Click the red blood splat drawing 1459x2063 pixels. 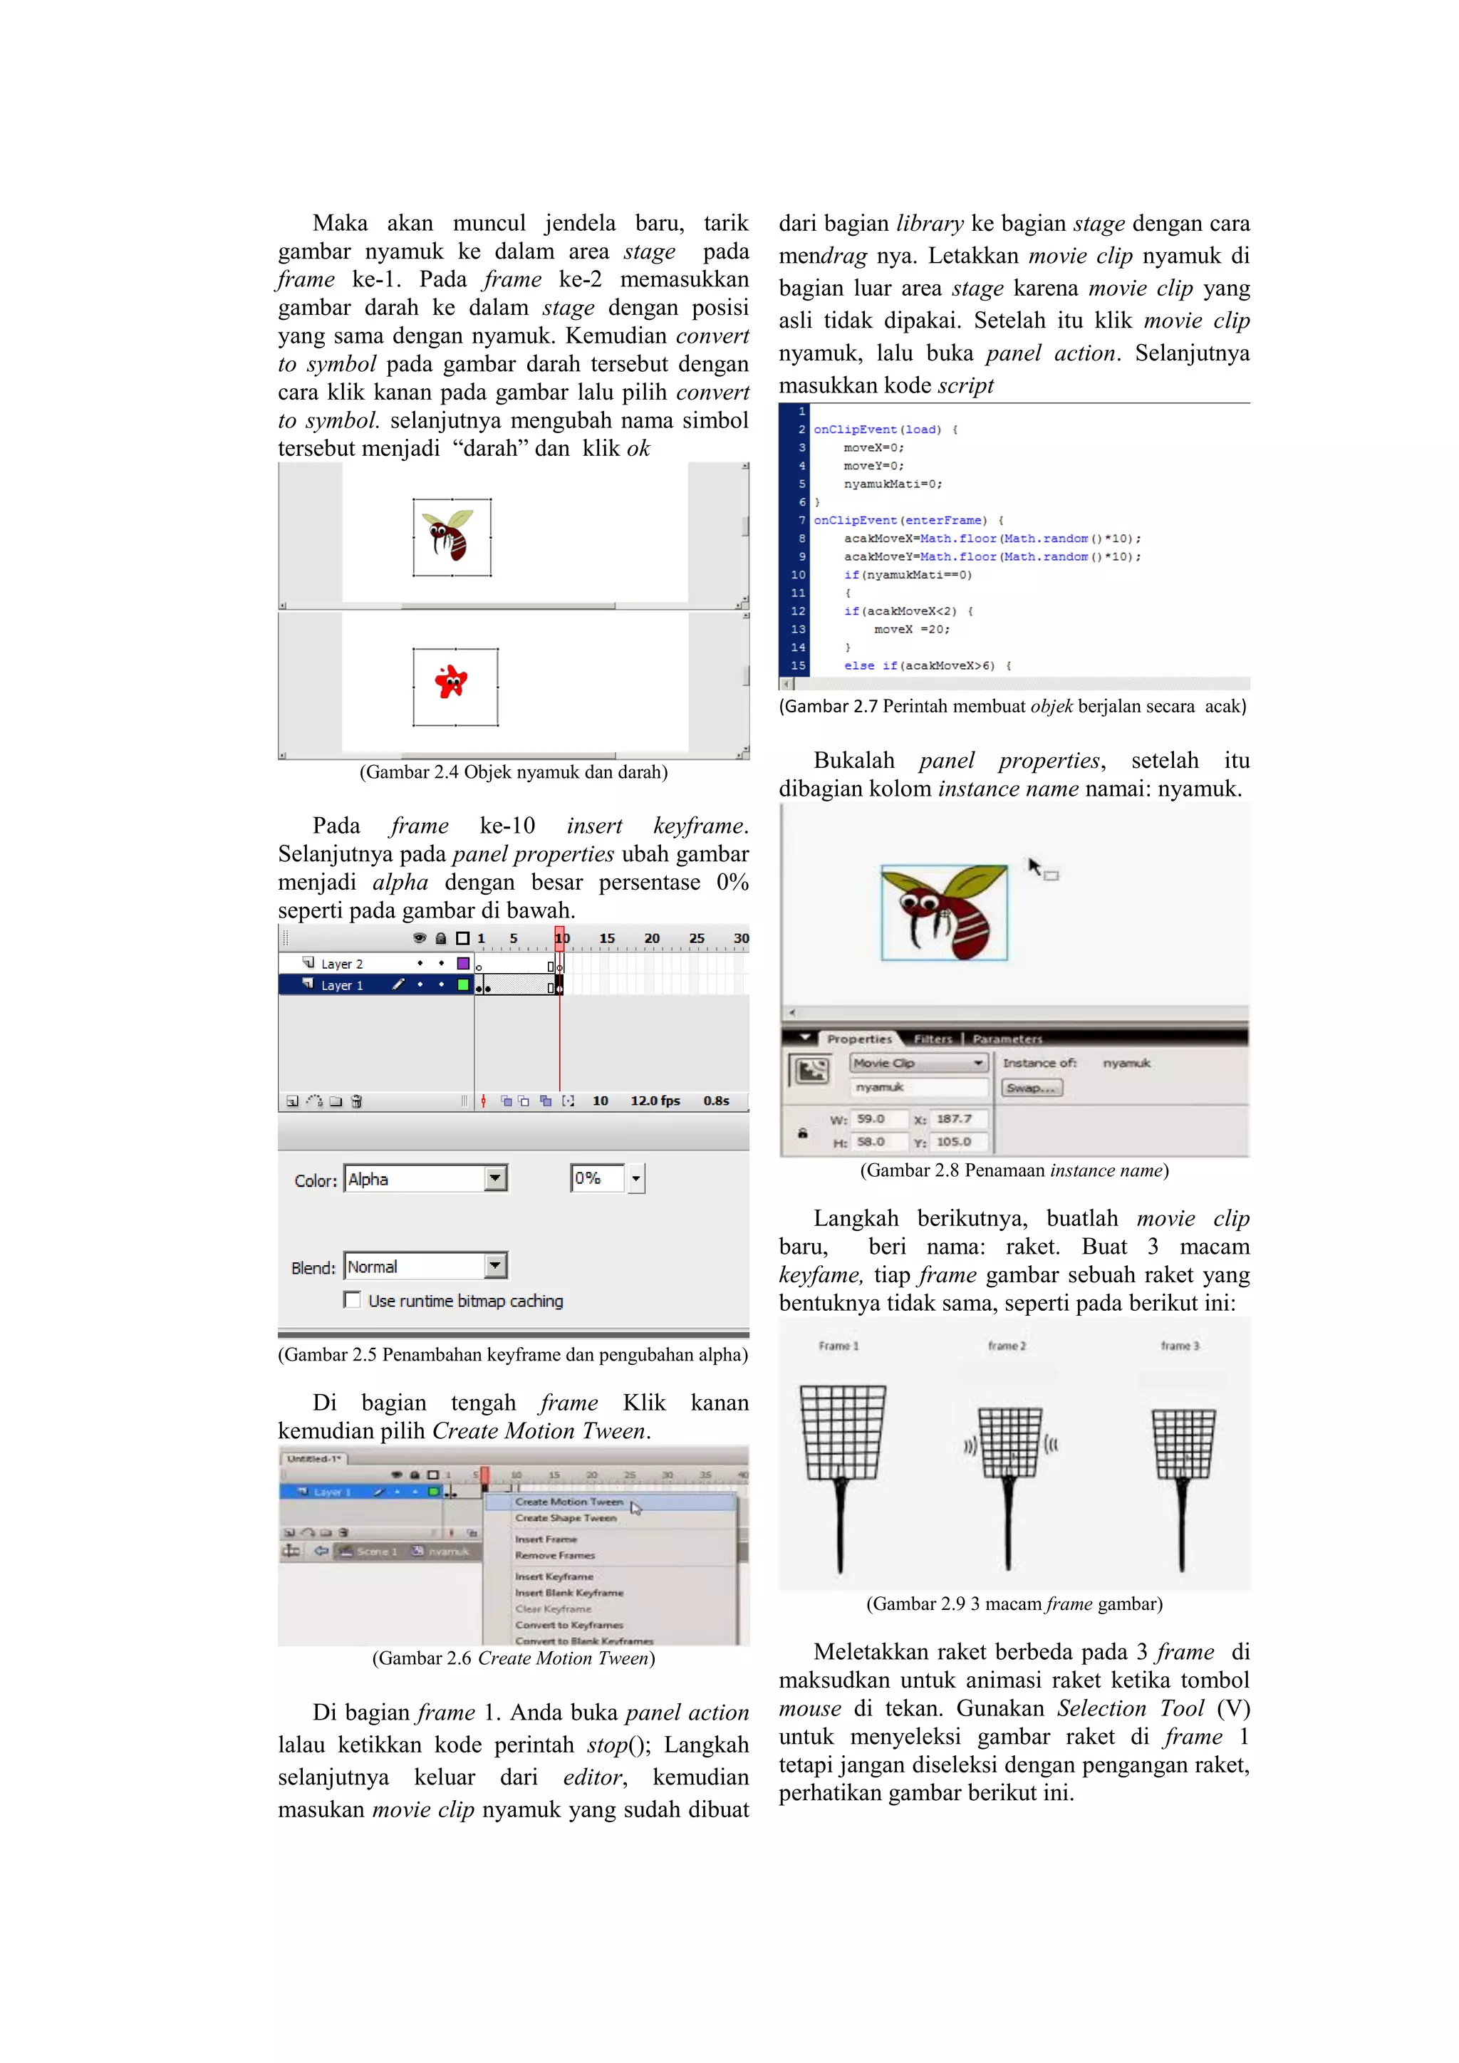(451, 682)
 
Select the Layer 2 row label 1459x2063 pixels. (341, 964)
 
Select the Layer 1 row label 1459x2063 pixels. (341, 986)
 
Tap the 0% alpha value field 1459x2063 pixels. (596, 1178)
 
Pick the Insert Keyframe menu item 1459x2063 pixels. (554, 1576)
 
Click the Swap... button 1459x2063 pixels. (1032, 1087)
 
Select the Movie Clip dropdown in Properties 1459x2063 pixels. (918, 1063)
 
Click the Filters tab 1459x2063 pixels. (933, 1039)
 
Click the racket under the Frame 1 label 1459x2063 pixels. (842, 1474)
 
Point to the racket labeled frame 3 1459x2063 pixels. (1183, 1482)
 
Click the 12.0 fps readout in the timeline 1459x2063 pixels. (655, 1101)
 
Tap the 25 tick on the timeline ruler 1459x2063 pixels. (696, 938)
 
